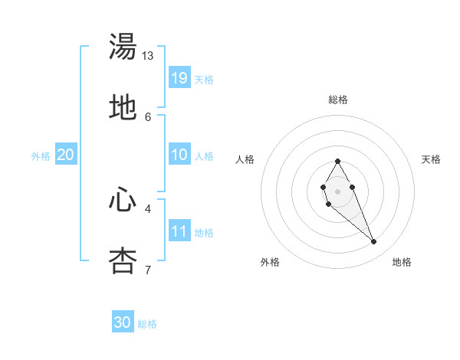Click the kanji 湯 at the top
(123, 47)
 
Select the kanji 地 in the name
(123, 107)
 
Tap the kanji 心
(123, 200)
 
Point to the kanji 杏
(123, 260)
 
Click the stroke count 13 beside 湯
(148, 56)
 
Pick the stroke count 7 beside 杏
(148, 270)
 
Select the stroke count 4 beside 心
(148, 208)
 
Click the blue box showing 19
(179, 77)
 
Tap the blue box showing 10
(179, 154)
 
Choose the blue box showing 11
(179, 231)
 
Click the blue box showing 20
(65, 154)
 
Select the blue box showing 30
(123, 322)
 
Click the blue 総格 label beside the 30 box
(147, 324)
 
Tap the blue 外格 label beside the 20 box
(41, 156)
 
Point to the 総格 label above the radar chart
(337, 100)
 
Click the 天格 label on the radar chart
(431, 159)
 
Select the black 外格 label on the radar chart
(270, 262)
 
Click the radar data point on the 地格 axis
(374, 242)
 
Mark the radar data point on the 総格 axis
(337, 161)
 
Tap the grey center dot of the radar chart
(337, 191)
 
